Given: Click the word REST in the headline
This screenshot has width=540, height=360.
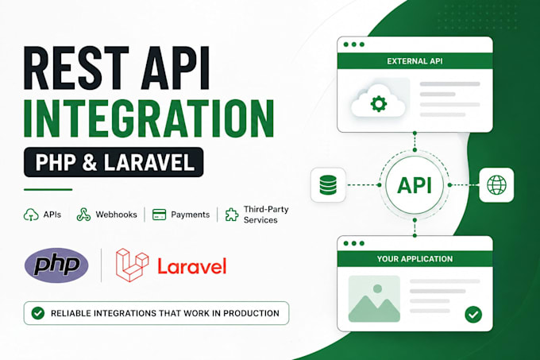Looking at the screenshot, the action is [x=76, y=68].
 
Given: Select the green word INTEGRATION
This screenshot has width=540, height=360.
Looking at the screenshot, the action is [x=148, y=118].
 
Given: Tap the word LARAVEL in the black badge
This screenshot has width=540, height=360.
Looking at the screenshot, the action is [x=149, y=162].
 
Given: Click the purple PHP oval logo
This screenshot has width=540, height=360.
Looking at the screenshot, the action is [x=56, y=265].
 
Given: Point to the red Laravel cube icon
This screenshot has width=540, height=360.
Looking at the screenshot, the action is [x=133, y=265].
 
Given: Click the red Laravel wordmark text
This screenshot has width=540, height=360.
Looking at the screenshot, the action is [x=192, y=266].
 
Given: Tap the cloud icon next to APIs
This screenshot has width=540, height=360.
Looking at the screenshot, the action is [x=31, y=215].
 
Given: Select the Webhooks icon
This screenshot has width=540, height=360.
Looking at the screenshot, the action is [x=83, y=215].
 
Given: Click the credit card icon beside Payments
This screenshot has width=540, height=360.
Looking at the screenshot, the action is [x=159, y=215].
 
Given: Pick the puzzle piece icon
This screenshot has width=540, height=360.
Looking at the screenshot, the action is [x=232, y=215].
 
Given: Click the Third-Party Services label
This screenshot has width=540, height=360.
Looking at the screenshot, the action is [x=266, y=215].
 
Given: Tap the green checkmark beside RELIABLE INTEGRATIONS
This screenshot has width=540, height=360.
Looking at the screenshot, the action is [x=38, y=313].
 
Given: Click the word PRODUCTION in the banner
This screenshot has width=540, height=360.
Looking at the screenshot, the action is [x=252, y=313].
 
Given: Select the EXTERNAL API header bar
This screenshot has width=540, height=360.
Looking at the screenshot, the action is [x=415, y=61].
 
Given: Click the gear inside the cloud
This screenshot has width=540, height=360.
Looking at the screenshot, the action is [x=379, y=103].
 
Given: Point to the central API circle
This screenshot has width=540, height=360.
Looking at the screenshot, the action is [x=415, y=185].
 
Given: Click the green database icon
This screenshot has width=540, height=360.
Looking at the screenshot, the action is [x=328, y=185].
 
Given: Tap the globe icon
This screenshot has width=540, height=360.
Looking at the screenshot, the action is [x=496, y=185].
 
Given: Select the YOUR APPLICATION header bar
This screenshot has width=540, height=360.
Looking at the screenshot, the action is [x=415, y=259].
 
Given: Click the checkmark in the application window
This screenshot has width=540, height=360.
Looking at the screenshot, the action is [x=473, y=314].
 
